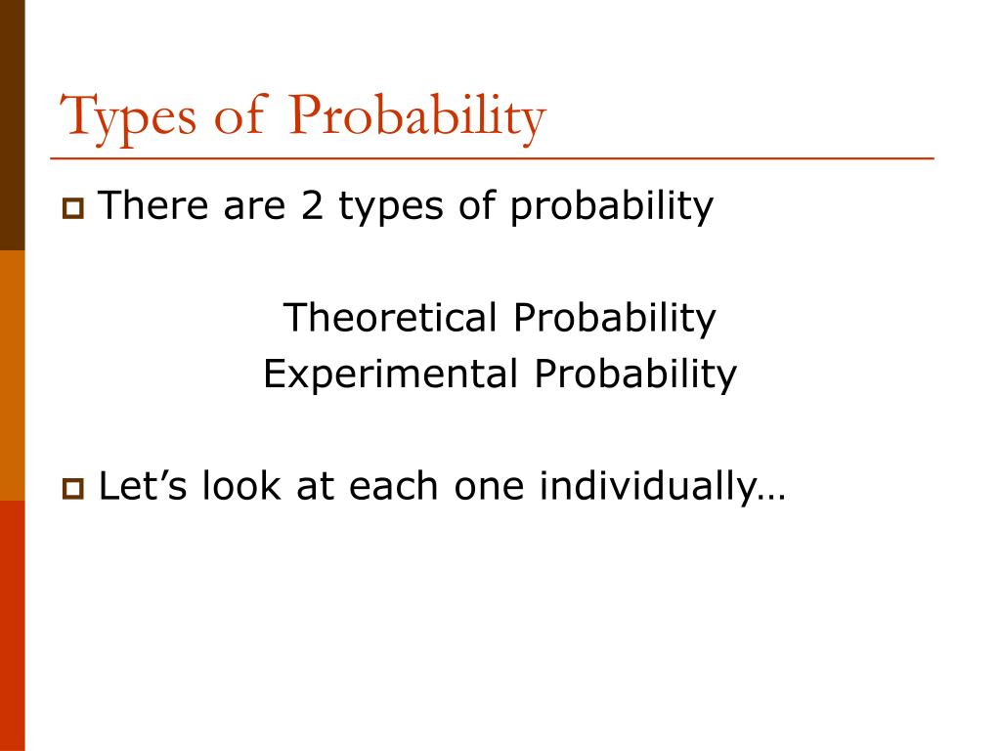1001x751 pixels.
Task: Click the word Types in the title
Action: [x=128, y=117]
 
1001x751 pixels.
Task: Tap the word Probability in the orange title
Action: [x=416, y=117]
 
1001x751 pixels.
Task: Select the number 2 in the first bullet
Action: [x=312, y=205]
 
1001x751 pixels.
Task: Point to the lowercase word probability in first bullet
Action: [x=612, y=207]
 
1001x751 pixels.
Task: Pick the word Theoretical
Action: [x=390, y=317]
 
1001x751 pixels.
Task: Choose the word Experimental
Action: [x=391, y=375]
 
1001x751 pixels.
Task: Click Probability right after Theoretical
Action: [x=615, y=319]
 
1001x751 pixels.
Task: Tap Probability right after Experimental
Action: [x=635, y=375]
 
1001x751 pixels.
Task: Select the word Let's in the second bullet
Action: [x=143, y=485]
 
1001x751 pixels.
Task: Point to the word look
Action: [x=241, y=485]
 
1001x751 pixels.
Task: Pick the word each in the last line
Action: [x=393, y=485]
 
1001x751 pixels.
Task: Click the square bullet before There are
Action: [x=73, y=209]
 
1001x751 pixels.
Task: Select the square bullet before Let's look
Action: [x=73, y=489]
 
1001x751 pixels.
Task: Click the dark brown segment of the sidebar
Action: [x=12, y=125]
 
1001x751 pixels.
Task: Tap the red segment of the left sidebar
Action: [x=12, y=626]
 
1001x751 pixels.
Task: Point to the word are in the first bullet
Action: [x=254, y=209]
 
